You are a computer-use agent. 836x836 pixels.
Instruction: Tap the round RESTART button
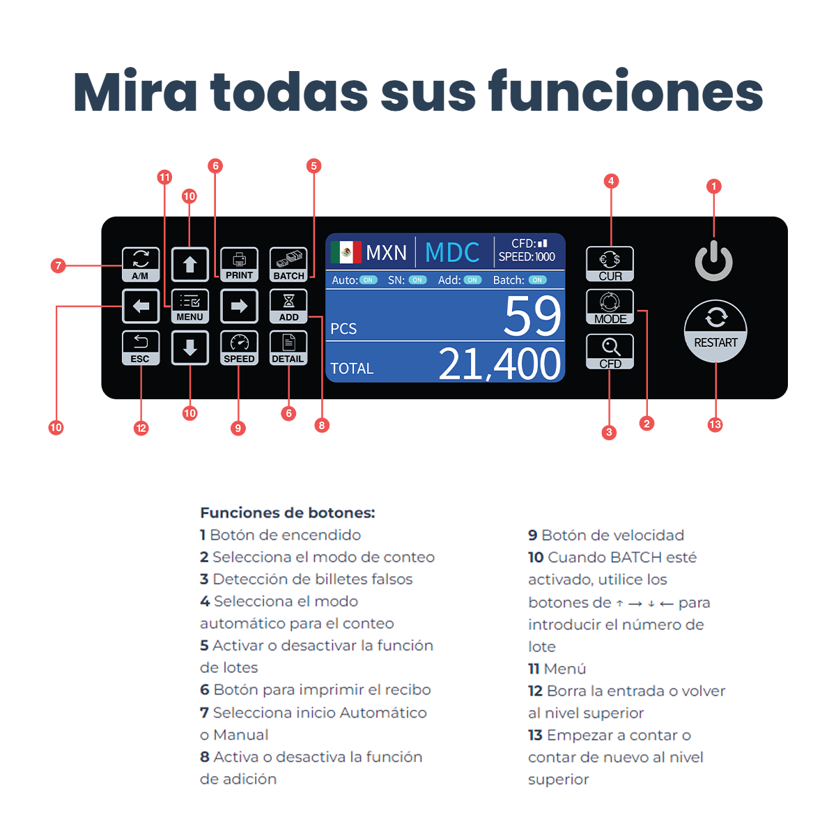pyautogui.click(x=715, y=331)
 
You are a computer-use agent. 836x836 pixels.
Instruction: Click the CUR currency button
pyautogui.click(x=610, y=264)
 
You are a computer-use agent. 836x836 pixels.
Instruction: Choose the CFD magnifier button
pyautogui.click(x=610, y=351)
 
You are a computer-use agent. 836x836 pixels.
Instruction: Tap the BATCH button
pyautogui.click(x=288, y=265)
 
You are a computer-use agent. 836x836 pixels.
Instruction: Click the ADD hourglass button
pyautogui.click(x=288, y=307)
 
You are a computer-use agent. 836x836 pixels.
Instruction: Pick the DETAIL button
pyautogui.click(x=288, y=348)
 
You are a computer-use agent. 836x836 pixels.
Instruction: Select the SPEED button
pyautogui.click(x=239, y=348)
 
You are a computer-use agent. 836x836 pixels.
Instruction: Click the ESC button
pyautogui.click(x=141, y=348)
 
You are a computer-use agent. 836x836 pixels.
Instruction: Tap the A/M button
pyautogui.click(x=141, y=265)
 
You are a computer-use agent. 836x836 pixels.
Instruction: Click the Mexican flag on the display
pyautogui.click(x=346, y=252)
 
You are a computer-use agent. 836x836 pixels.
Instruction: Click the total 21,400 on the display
pyautogui.click(x=500, y=364)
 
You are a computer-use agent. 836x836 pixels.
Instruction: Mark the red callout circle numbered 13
pyautogui.click(x=715, y=425)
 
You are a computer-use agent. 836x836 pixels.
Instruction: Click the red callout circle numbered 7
pyautogui.click(x=59, y=265)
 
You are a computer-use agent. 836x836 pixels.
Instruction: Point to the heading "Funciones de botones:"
pyautogui.click(x=288, y=513)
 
